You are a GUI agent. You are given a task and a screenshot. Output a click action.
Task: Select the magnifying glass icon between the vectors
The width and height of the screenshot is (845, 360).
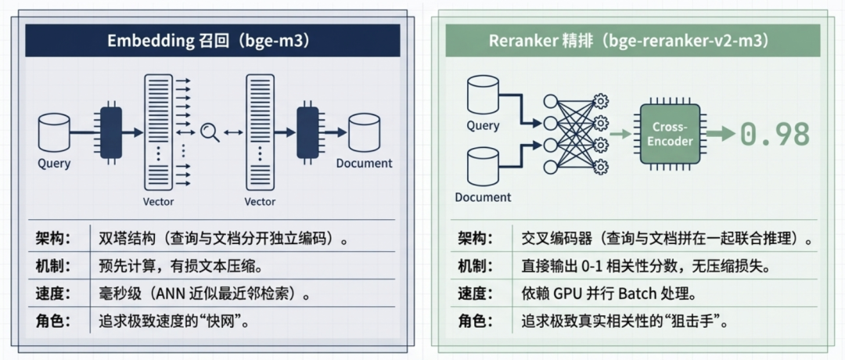point(209,132)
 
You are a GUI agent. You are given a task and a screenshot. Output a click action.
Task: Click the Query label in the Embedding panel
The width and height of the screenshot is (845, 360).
point(54,164)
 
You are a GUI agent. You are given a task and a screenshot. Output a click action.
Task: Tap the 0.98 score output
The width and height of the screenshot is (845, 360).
point(775,134)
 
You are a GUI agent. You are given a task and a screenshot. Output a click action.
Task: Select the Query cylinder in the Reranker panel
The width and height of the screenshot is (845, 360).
point(483,95)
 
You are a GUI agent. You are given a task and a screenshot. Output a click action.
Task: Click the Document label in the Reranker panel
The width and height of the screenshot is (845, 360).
point(483,197)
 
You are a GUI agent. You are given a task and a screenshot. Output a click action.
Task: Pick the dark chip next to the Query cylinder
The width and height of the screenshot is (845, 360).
point(111,132)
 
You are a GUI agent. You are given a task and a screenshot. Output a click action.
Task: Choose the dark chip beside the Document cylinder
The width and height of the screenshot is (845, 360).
point(307,132)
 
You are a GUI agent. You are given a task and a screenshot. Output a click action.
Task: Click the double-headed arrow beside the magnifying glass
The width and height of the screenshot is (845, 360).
point(232,133)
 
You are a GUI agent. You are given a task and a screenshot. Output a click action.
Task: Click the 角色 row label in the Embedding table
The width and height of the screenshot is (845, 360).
point(53,322)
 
